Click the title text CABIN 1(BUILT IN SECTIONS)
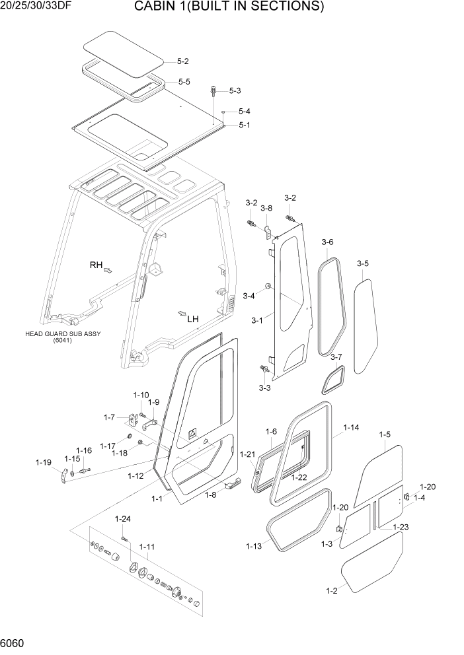(229, 7)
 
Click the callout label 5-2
(183, 61)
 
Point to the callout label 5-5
(184, 82)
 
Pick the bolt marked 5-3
(214, 91)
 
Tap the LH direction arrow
(181, 313)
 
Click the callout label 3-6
(328, 242)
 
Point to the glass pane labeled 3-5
(364, 324)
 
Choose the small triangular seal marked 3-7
(333, 380)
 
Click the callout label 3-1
(257, 321)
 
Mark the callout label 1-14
(351, 428)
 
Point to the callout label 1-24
(122, 518)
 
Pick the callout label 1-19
(43, 462)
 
